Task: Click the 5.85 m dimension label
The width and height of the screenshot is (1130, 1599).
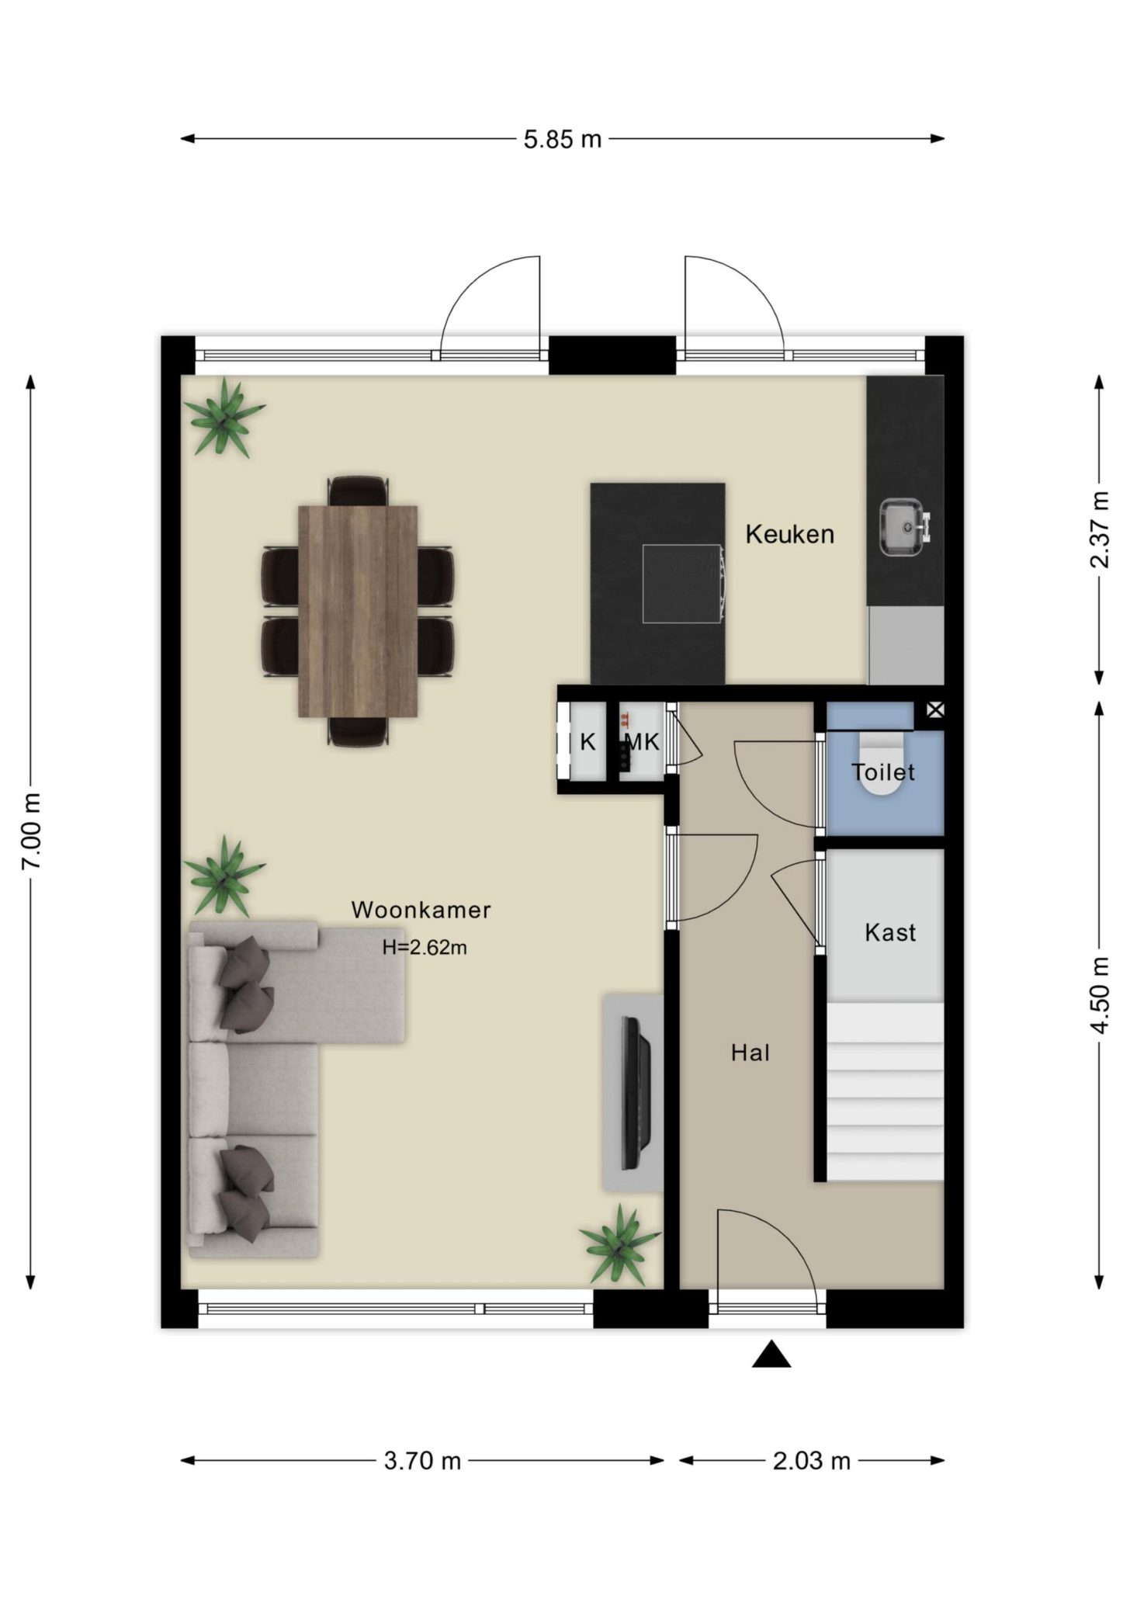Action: (563, 140)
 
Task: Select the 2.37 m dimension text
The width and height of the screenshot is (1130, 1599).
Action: (1100, 530)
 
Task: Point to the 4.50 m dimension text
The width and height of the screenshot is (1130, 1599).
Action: (1100, 995)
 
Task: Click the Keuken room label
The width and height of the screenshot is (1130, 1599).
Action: (790, 534)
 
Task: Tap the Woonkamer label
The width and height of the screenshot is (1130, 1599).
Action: (421, 910)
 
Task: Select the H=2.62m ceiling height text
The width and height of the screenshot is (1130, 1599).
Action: (425, 948)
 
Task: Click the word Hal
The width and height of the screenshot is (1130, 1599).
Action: (750, 1053)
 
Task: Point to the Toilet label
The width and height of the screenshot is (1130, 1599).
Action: (883, 772)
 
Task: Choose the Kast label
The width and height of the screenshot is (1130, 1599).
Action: (890, 932)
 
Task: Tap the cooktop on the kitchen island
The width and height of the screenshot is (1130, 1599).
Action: (683, 584)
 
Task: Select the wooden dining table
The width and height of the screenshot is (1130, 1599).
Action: (359, 612)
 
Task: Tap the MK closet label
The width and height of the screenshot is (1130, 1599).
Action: (642, 743)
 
